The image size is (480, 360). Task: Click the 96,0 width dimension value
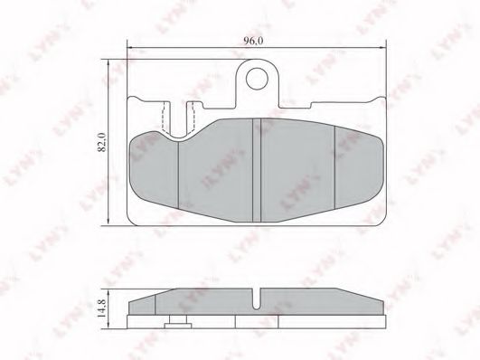pyautogui.click(x=253, y=41)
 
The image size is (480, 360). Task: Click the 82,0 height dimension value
pyautogui.click(x=101, y=142)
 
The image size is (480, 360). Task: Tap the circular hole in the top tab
pyautogui.click(x=257, y=79)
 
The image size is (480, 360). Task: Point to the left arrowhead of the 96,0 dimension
pyautogui.click(x=130, y=48)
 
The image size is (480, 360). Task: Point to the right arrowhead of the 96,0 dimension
pyautogui.click(x=383, y=48)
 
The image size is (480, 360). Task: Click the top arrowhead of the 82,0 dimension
pyautogui.click(x=108, y=62)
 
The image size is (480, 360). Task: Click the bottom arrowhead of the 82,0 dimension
pyautogui.click(x=108, y=223)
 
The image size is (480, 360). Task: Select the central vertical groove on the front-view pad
pyautogui.click(x=257, y=170)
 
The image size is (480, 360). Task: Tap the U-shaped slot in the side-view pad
pyautogui.click(x=257, y=299)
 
